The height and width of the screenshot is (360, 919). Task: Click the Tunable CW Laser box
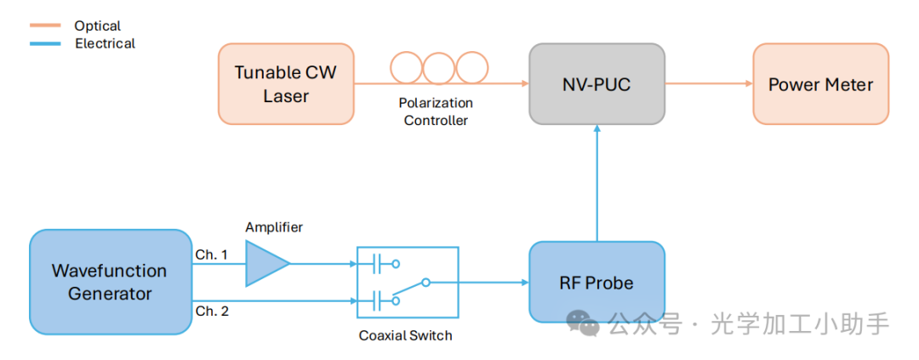click(x=285, y=83)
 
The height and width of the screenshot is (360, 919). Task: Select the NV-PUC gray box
click(x=596, y=83)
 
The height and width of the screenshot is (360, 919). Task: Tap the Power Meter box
click(x=820, y=83)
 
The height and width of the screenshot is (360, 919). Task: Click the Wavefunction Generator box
click(x=110, y=282)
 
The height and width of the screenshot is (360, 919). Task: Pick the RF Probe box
click(x=596, y=282)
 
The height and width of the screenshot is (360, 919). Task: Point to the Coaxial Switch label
click(x=405, y=335)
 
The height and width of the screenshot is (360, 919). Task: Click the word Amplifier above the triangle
click(x=274, y=227)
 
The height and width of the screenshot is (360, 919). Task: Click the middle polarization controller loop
click(x=438, y=68)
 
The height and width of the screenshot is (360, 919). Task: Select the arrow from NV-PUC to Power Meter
click(x=708, y=83)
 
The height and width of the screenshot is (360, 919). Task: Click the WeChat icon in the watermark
click(x=585, y=323)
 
